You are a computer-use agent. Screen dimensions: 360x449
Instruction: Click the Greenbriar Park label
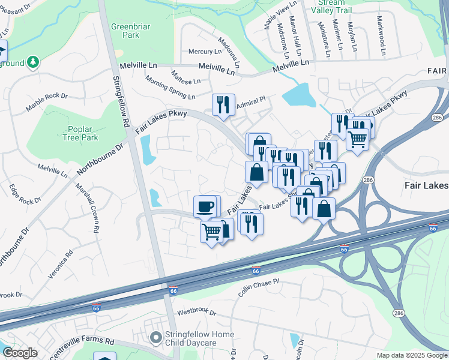[130, 31]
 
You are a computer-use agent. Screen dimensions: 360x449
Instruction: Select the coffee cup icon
[205, 207]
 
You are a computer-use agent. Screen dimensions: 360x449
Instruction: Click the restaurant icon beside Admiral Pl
[223, 104]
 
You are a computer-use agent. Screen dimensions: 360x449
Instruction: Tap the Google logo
[20, 353]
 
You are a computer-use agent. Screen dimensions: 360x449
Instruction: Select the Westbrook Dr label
[196, 312]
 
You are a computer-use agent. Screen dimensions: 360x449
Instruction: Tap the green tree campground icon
[34, 61]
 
